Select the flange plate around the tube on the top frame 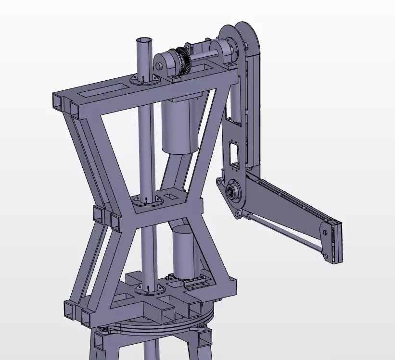click(144, 80)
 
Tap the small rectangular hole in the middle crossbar click(171, 196)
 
